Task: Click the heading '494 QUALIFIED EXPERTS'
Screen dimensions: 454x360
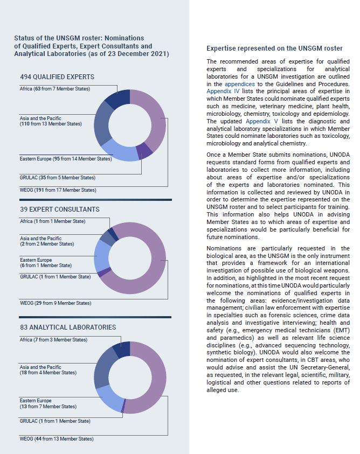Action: coord(57,77)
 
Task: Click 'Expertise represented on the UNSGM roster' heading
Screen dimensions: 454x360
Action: coord(274,48)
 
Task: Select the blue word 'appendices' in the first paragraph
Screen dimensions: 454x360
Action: coord(240,85)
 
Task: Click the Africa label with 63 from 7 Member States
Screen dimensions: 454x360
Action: coord(54,88)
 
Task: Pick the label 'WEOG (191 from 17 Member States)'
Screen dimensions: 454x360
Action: coord(58,190)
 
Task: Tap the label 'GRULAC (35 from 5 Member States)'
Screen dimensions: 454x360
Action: coord(57,177)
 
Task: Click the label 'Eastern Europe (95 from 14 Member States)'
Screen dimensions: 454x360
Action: coord(65,159)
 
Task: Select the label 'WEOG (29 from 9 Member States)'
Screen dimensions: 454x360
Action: coord(55,303)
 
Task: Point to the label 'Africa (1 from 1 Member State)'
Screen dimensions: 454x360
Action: coord(52,221)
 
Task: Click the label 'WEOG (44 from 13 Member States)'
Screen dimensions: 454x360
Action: coord(57,439)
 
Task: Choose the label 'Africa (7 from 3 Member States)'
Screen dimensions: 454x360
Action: coord(53,340)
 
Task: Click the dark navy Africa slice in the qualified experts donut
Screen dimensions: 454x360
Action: coord(116,97)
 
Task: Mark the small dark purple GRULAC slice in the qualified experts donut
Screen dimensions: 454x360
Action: coord(144,151)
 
